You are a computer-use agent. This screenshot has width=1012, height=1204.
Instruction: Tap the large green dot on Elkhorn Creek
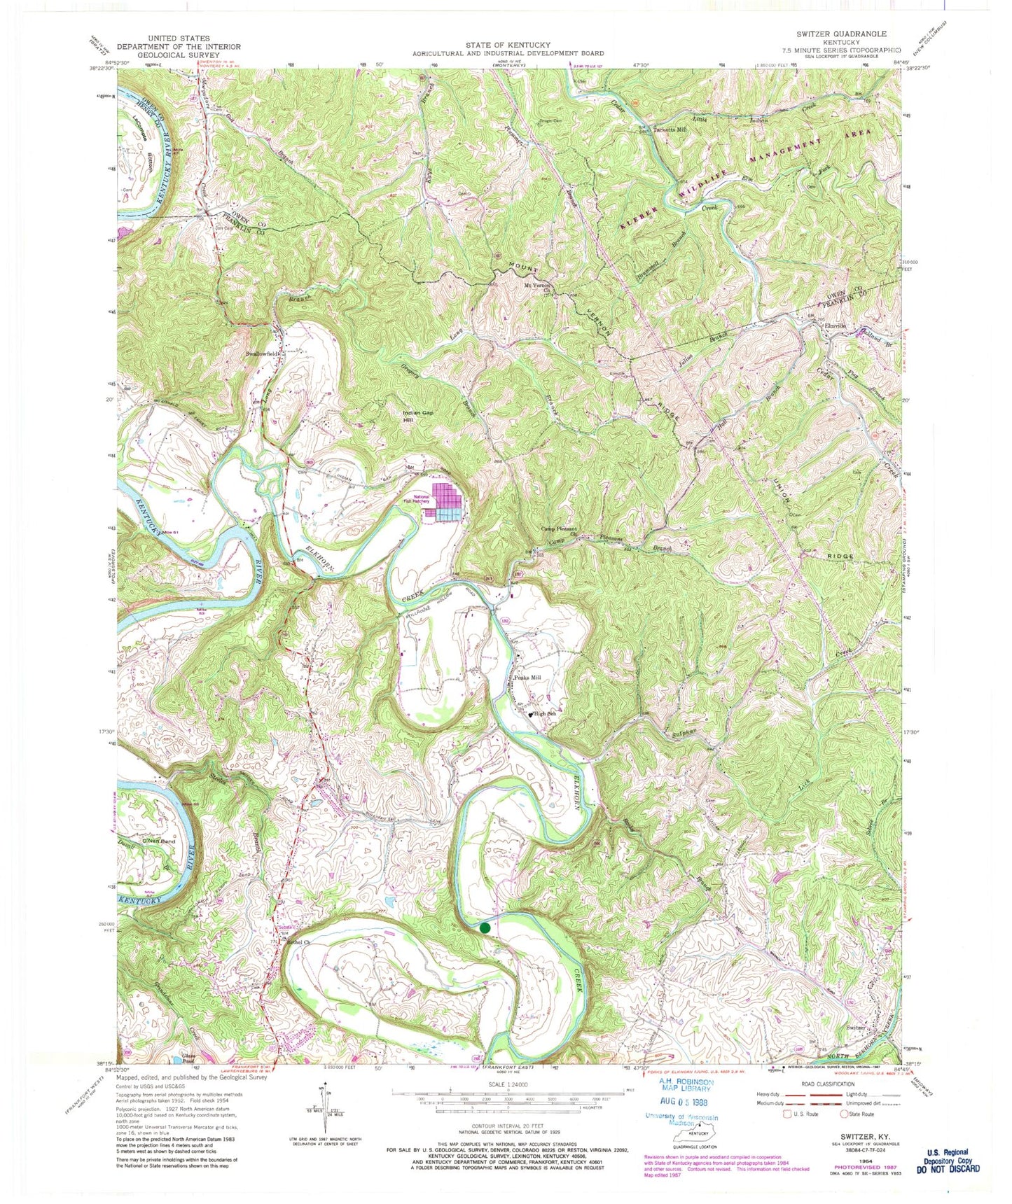coord(485,928)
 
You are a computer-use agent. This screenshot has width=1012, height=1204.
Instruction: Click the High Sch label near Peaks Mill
coord(544,714)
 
